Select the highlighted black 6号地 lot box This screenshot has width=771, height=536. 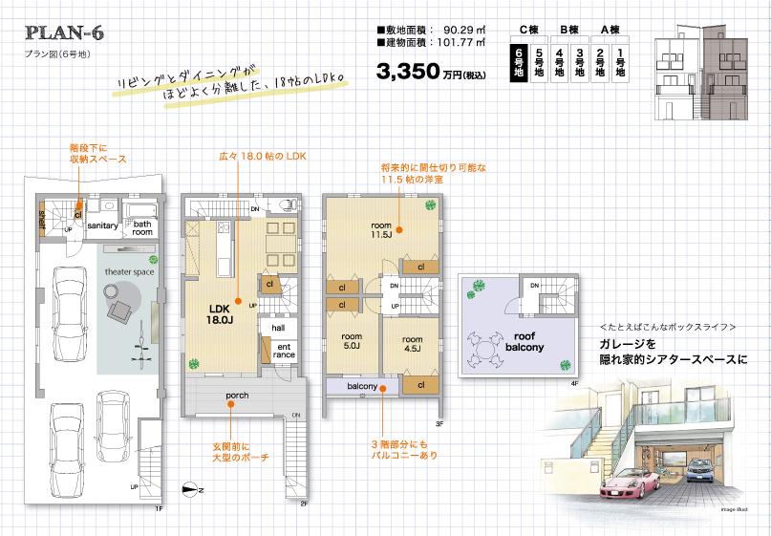pos(519,59)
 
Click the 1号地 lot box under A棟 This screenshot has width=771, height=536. pos(623,59)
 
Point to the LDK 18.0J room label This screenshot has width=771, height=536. pos(221,313)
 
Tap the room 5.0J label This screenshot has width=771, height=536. pos(351,340)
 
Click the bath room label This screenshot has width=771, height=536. pos(142,227)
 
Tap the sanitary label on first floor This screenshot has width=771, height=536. pos(102,225)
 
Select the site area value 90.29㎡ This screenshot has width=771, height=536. pos(465,30)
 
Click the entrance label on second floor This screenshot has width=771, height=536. pos(285,350)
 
